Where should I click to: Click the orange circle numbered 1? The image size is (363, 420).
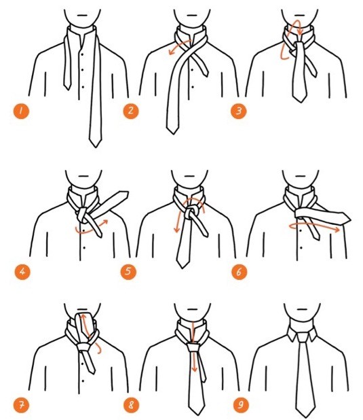click(21, 111)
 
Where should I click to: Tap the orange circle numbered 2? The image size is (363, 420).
click(131, 111)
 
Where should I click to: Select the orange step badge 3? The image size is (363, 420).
click(239, 111)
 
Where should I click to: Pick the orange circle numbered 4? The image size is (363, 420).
click(22, 272)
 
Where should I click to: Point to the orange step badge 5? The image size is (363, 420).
click(128, 272)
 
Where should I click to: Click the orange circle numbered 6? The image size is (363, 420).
click(239, 272)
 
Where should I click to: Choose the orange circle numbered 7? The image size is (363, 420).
click(21, 405)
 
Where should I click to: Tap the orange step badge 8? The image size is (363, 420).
click(131, 405)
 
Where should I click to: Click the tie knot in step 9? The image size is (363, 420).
click(303, 337)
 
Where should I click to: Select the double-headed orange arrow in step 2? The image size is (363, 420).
click(180, 47)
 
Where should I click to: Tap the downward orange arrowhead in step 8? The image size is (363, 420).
click(195, 369)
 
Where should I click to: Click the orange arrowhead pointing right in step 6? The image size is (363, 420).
click(337, 229)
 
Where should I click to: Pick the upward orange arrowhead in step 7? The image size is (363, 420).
click(83, 317)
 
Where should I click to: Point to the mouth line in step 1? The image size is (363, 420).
click(83, 15)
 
